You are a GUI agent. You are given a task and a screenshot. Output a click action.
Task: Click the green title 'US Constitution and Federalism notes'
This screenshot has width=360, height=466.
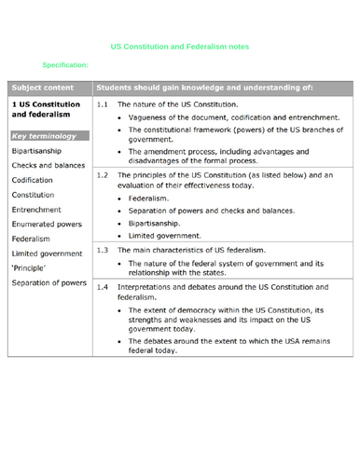pos(180,46)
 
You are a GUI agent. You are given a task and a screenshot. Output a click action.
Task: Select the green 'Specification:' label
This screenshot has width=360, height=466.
pos(65,65)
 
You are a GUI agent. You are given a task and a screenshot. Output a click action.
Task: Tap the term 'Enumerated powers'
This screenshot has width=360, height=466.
pos(48,224)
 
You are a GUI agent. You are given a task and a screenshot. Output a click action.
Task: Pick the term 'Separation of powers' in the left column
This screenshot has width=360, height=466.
pos(49,282)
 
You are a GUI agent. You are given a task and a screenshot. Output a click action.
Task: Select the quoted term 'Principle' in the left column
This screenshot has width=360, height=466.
pos(32,267)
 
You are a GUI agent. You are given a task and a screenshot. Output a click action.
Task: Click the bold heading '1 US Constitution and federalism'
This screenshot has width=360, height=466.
pos(46,110)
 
